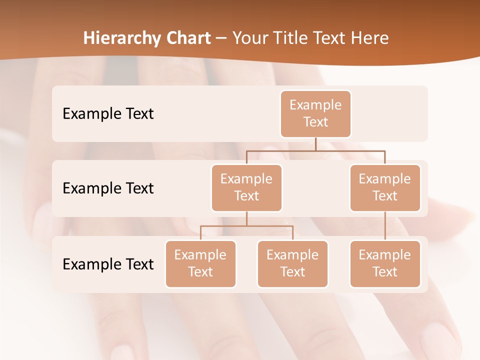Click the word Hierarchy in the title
pos(121,38)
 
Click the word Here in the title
pos(369,38)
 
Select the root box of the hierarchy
pos(315,114)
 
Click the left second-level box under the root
pos(246,188)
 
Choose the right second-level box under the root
pos(385,188)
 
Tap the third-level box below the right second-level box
pos(385,264)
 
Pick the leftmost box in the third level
pos(200,264)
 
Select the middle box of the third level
pos(292,264)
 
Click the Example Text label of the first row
pos(108,114)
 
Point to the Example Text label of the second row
pos(108,188)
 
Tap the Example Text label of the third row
pos(108,264)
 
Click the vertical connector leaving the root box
pos(315,144)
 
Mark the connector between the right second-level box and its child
pos(385,226)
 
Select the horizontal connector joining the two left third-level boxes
pos(246,226)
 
